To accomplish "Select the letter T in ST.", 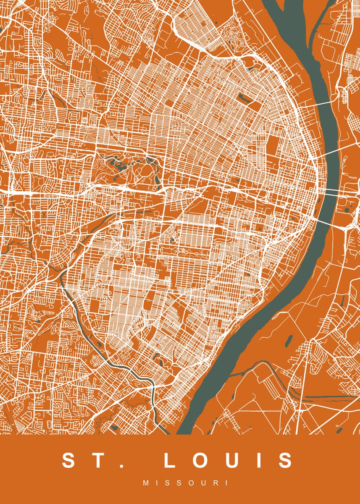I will [98, 460].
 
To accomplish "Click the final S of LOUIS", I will [284, 460].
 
